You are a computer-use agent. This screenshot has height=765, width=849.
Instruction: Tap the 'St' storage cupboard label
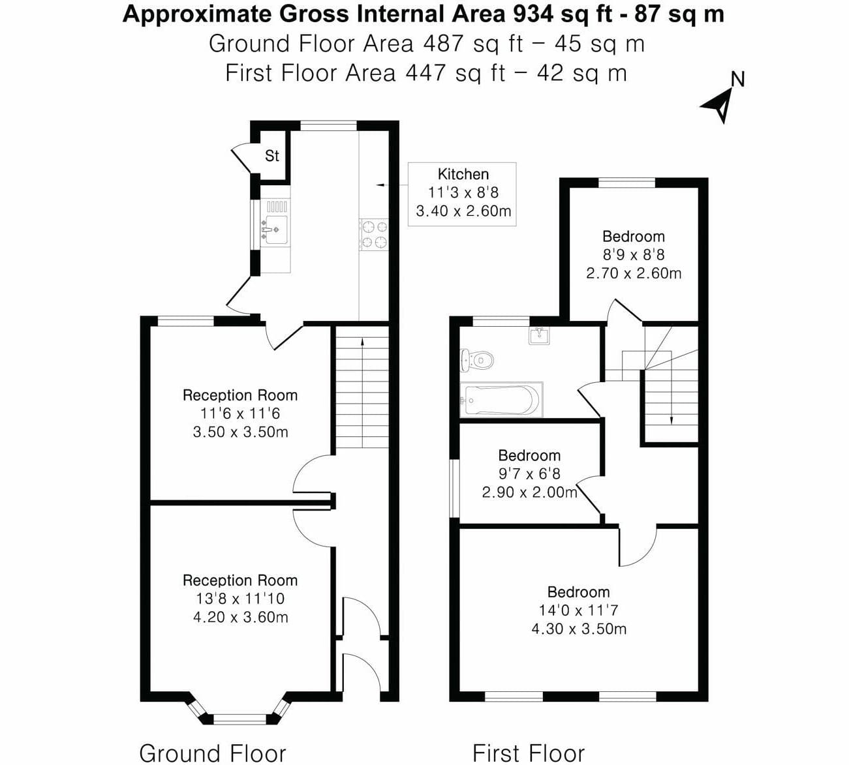click(271, 156)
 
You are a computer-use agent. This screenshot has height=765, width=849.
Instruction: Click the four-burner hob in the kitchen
click(374, 234)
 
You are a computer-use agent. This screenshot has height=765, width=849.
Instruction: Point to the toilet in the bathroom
click(476, 361)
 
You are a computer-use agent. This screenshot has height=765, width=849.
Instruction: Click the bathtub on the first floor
click(501, 399)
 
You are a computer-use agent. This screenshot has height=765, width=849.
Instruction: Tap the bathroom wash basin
click(539, 335)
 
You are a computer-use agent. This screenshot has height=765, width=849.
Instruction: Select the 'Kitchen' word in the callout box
click(463, 174)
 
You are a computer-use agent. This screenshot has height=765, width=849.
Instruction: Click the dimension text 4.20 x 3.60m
click(240, 617)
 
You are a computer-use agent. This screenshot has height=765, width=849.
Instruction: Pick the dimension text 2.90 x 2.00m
click(529, 492)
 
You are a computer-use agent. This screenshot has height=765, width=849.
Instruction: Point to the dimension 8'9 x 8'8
click(634, 255)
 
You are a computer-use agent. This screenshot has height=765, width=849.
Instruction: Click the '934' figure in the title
click(533, 14)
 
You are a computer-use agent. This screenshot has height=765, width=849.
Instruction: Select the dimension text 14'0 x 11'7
click(579, 610)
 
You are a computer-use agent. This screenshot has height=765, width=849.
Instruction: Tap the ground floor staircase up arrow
click(362, 393)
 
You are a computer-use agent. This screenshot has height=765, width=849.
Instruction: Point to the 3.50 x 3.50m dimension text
click(240, 432)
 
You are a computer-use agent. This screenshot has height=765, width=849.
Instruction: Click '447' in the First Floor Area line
click(425, 73)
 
